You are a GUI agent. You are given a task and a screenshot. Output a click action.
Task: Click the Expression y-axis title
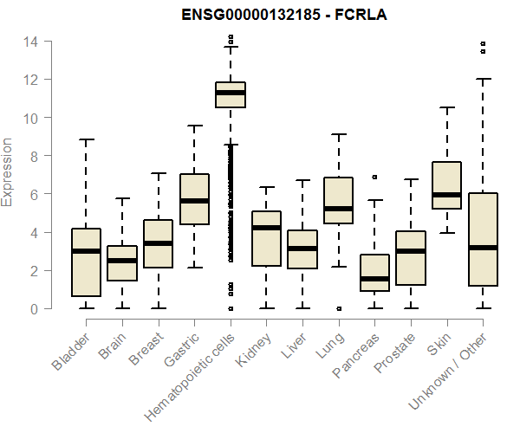tap(8, 171)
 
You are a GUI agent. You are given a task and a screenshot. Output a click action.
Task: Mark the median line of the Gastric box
tap(194, 201)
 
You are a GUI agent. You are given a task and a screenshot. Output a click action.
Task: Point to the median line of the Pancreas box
tap(374, 279)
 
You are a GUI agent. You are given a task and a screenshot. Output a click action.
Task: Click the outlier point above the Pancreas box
tap(374, 177)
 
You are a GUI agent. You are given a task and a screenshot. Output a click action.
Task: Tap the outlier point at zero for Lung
tap(338, 308)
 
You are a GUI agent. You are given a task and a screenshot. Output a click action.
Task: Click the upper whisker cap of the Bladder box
tap(86, 139)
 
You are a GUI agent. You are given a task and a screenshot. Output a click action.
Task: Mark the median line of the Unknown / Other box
tap(483, 248)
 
